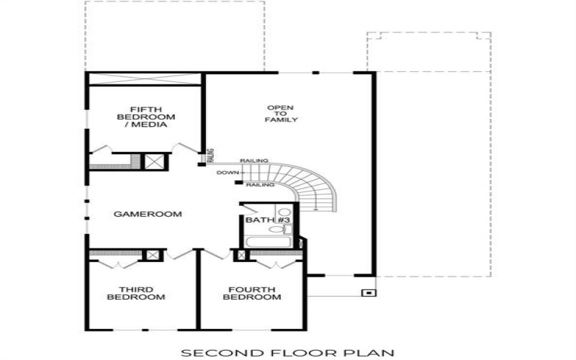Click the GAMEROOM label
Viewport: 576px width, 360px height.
tap(147, 214)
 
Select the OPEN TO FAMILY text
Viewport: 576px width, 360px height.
tap(280, 114)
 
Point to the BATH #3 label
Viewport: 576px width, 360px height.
tap(267, 220)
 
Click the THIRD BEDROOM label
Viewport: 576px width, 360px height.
tap(137, 293)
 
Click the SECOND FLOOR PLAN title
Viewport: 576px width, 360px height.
tap(287, 353)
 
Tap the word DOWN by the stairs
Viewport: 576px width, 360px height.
tap(227, 173)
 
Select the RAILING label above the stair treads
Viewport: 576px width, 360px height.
tap(254, 161)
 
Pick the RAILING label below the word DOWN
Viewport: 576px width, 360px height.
tap(260, 185)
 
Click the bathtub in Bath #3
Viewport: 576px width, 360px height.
tap(268, 242)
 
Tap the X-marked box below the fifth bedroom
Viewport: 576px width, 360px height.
tap(153, 161)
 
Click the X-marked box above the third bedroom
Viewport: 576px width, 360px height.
tap(152, 255)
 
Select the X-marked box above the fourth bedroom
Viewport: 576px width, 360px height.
tap(241, 255)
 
